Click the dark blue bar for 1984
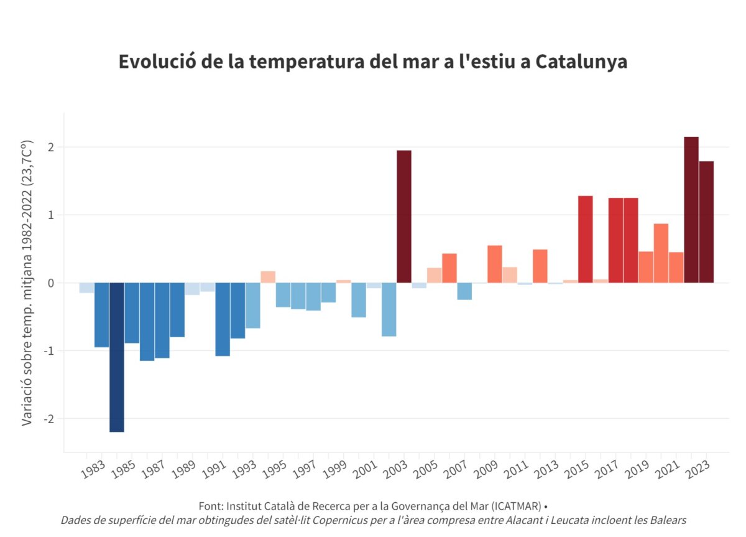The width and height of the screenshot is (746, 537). click(x=117, y=357)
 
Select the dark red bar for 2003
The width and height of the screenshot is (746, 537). click(x=404, y=217)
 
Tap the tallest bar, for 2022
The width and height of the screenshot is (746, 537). click(x=691, y=210)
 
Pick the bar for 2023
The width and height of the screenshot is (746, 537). click(x=706, y=222)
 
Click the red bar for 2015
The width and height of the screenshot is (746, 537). click(x=586, y=240)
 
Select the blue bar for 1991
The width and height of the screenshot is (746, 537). click(x=223, y=319)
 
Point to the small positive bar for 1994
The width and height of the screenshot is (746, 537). click(x=268, y=277)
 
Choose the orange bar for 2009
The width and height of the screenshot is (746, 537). click(x=495, y=264)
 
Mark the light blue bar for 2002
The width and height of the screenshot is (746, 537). click(x=389, y=309)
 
